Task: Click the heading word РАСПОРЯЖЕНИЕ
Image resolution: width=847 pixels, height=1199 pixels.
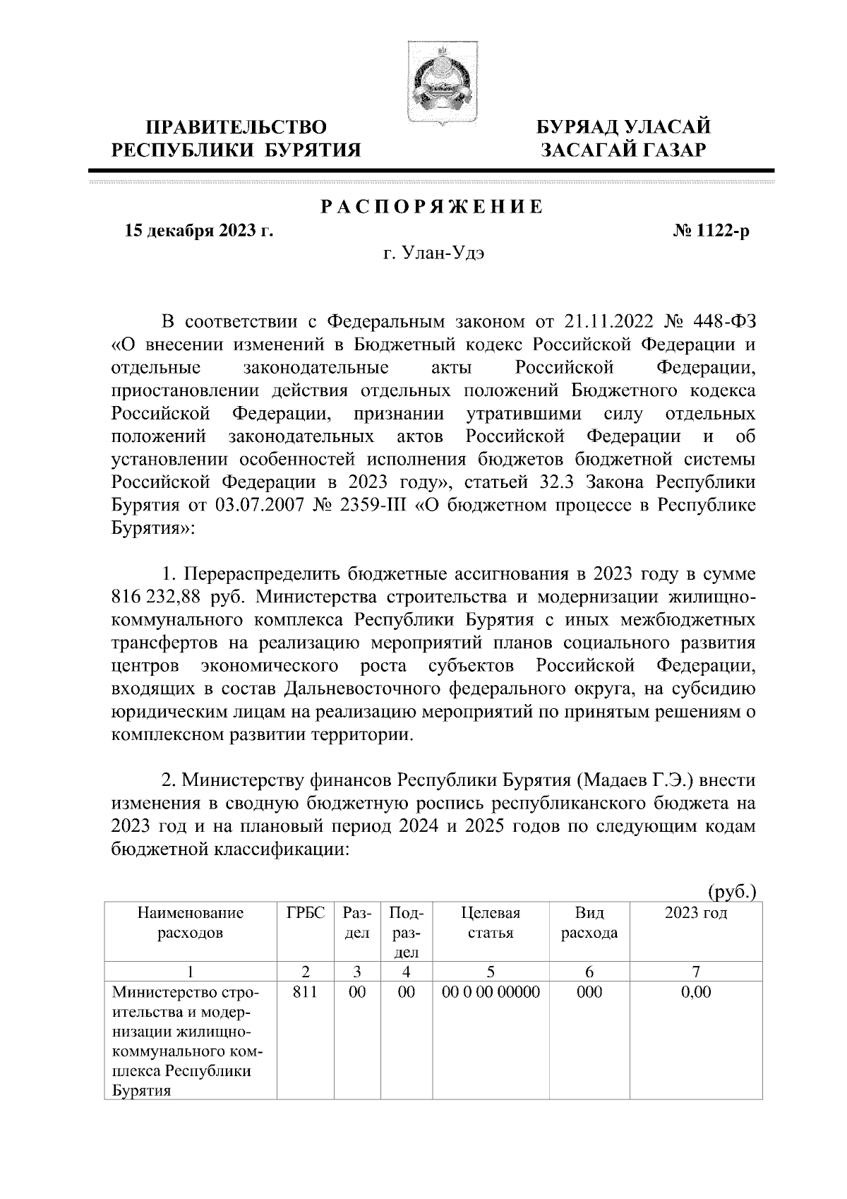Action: click(x=433, y=207)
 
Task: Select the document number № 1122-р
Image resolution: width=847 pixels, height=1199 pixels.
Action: click(x=711, y=231)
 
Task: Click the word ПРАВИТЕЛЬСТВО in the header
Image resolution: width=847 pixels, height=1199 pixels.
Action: click(x=237, y=128)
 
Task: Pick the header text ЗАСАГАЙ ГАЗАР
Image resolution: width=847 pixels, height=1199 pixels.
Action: click(x=623, y=150)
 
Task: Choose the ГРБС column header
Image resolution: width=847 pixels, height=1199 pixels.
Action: click(x=306, y=913)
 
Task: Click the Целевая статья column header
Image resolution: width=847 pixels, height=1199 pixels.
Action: click(x=491, y=923)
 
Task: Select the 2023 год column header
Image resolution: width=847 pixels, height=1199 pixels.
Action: click(x=695, y=913)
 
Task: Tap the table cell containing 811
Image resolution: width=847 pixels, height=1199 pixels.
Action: click(x=306, y=992)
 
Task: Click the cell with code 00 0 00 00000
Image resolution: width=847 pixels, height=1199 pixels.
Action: click(x=491, y=992)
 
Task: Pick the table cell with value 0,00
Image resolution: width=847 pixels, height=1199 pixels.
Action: click(x=695, y=992)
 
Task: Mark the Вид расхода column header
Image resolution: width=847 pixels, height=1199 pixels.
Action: click(x=589, y=923)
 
